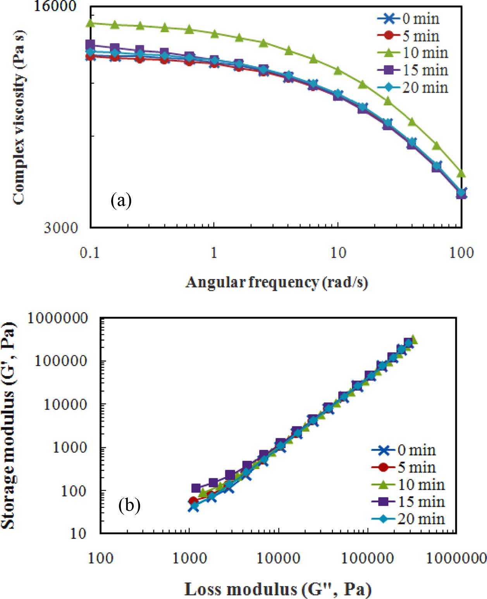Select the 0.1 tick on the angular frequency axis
[x=89, y=253]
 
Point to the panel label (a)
[x=121, y=201]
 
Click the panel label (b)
[x=129, y=505]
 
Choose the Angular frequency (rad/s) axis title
[x=277, y=282]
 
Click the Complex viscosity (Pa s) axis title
[x=19, y=116]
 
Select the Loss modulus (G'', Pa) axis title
[x=278, y=589]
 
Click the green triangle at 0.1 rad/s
[x=90, y=23]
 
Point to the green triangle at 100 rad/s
[x=461, y=173]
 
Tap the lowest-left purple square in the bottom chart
[x=196, y=488]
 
